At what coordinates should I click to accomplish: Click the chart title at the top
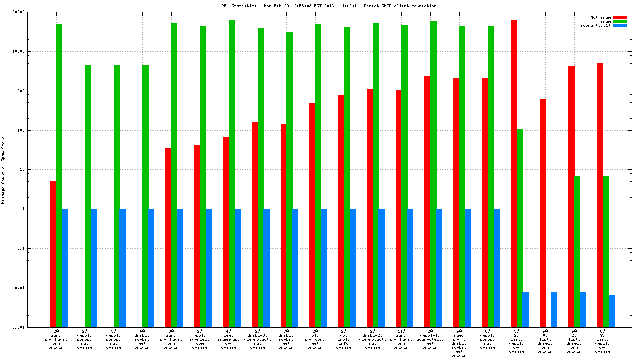coord(329,6)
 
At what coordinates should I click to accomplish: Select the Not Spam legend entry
coord(600,17)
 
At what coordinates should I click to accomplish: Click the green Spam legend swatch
coord(620,21)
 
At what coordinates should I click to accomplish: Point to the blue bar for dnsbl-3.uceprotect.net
coord(267,268)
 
